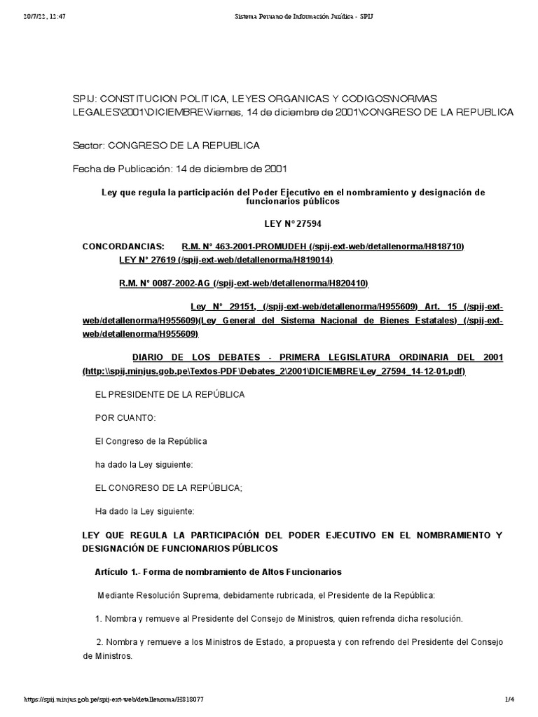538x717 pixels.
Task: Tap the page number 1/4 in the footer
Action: (509, 699)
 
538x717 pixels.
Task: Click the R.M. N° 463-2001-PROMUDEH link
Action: (323, 246)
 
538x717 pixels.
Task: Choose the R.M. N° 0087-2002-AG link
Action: (244, 283)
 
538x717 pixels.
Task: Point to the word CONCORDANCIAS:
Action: (124, 246)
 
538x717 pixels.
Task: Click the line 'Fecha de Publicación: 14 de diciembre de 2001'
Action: (180, 169)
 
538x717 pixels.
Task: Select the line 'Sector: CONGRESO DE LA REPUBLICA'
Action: (166, 146)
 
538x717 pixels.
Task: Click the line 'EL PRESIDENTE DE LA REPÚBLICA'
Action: (170, 394)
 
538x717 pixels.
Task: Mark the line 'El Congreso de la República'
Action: (151, 441)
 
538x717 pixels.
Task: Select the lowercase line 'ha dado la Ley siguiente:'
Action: (144, 464)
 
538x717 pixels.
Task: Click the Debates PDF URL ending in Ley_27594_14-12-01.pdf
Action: (273, 370)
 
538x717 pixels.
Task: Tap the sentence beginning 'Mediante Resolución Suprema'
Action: (266, 595)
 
